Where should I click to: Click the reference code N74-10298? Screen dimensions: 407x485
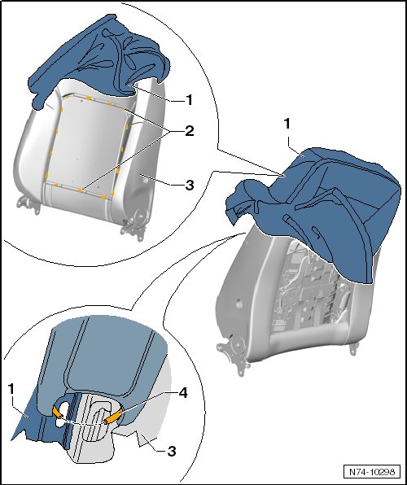(x=372, y=472)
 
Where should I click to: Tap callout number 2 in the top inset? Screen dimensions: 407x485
(x=189, y=131)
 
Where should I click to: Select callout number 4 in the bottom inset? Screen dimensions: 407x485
(x=183, y=393)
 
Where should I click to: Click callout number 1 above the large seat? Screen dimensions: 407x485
(x=287, y=124)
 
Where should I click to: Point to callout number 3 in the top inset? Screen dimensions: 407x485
(x=189, y=185)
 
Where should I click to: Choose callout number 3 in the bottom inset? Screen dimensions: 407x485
(x=172, y=451)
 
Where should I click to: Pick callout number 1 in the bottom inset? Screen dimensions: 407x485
(x=11, y=389)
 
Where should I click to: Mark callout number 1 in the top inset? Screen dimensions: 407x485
(x=189, y=100)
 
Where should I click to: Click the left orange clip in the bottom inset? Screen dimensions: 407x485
(x=57, y=413)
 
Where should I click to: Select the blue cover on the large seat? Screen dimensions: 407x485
(x=313, y=204)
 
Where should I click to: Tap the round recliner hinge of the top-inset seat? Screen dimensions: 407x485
(x=140, y=214)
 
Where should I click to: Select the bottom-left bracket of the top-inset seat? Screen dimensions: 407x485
(x=28, y=204)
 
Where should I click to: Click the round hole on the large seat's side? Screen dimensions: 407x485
(x=239, y=304)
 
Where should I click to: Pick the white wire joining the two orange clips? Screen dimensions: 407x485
(x=84, y=422)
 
